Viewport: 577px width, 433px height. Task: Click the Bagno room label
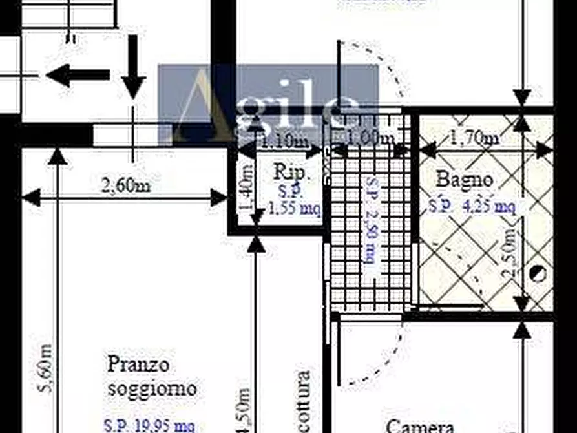point(465,179)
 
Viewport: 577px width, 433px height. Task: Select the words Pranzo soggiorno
point(151,376)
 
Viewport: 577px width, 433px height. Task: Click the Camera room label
point(420,426)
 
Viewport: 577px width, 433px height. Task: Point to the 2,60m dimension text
point(127,185)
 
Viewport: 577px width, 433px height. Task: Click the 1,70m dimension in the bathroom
point(474,138)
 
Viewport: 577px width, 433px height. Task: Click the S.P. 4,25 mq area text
point(472,207)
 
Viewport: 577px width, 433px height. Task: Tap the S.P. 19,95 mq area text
point(150,426)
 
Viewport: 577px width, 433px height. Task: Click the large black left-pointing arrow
point(77,76)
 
